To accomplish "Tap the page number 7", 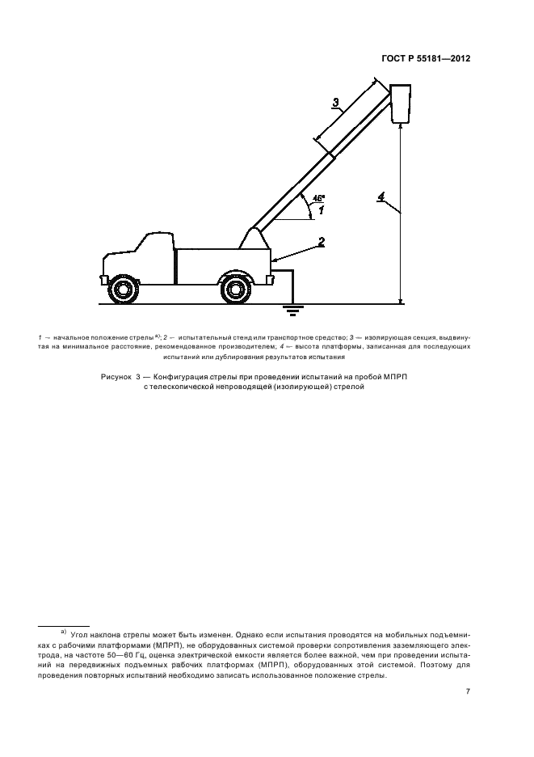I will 468,691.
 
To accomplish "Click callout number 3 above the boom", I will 337,102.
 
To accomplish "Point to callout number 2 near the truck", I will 321,241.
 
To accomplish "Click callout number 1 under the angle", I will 321,210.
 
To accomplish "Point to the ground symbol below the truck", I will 288,308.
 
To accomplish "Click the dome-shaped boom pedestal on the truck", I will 253,239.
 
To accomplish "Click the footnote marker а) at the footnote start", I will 62,629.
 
